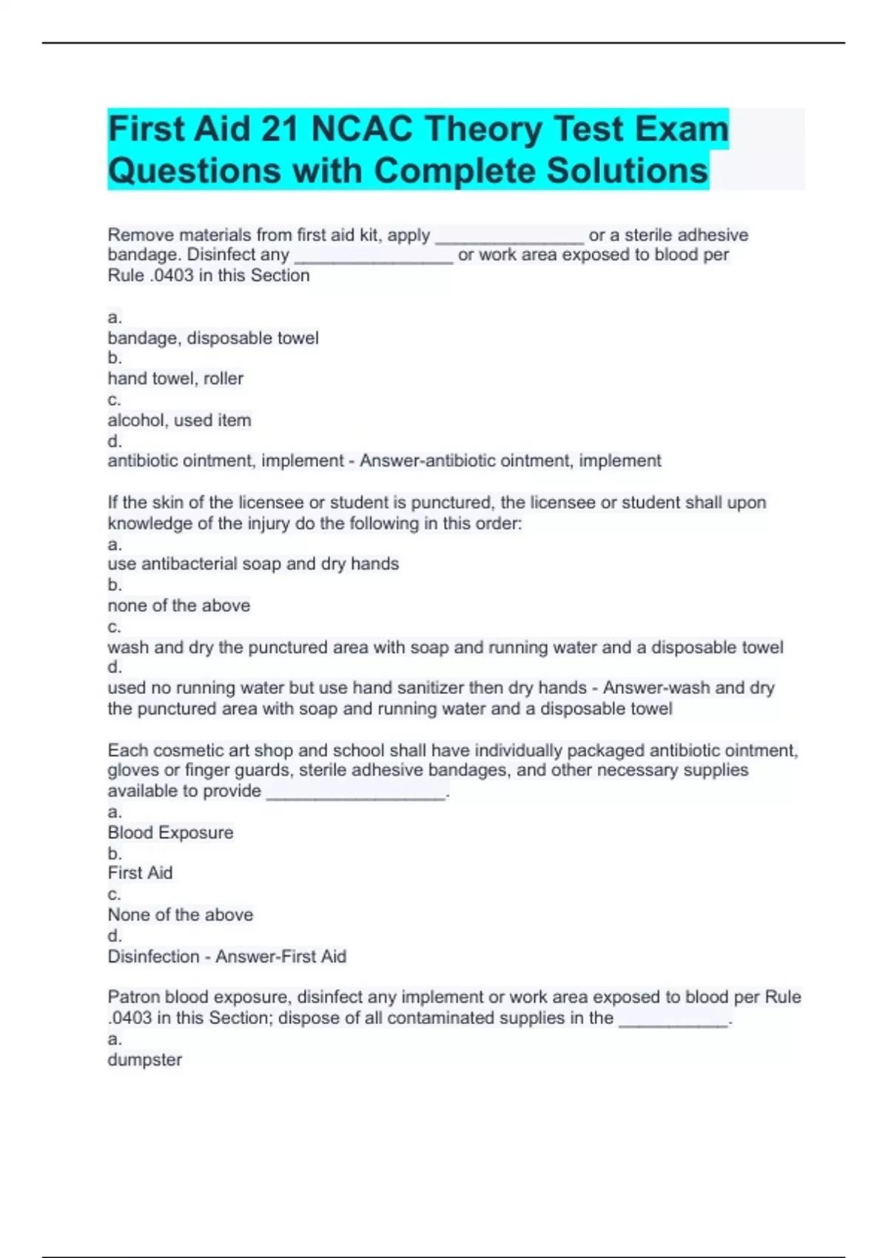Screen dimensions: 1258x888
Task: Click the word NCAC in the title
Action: click(x=362, y=129)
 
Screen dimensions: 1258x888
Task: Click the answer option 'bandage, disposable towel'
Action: click(x=213, y=338)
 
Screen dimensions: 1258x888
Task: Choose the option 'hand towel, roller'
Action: click(x=175, y=379)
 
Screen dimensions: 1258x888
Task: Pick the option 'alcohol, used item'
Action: click(x=179, y=420)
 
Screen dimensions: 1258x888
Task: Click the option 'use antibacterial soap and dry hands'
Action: click(x=253, y=564)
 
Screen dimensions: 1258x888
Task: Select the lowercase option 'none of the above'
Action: click(x=179, y=605)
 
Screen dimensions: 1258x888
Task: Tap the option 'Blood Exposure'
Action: click(x=170, y=832)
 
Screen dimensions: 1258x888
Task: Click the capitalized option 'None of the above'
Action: click(x=180, y=915)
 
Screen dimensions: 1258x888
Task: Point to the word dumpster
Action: click(x=145, y=1060)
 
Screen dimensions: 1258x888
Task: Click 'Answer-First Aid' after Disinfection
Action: click(x=280, y=957)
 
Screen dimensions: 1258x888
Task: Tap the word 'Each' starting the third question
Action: click(x=127, y=750)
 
